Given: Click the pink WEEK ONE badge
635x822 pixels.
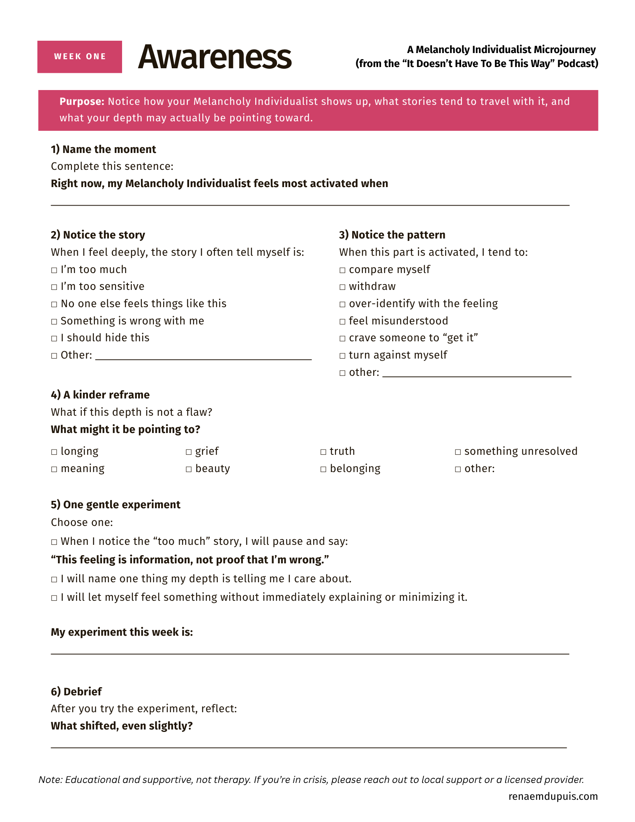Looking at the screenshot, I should pyautogui.click(x=80, y=57).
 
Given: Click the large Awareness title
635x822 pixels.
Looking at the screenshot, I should pyautogui.click(x=215, y=57).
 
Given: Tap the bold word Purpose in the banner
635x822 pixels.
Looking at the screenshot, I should pyautogui.click(x=82, y=102).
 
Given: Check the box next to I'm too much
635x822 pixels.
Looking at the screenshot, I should pyautogui.click(x=54, y=270).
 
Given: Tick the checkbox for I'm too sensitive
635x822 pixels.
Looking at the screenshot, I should pyautogui.click(x=54, y=287).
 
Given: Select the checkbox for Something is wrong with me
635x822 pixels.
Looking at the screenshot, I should pyautogui.click(x=54, y=322).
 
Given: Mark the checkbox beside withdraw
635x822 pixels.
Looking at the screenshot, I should pyautogui.click(x=342, y=287).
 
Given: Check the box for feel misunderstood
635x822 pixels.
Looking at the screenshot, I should pyautogui.click(x=342, y=322).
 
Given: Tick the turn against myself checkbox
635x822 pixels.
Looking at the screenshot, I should pyautogui.click(x=342, y=356).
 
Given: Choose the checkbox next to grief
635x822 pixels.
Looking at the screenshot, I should pyautogui.click(x=189, y=452).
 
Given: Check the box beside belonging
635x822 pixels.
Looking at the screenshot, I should pyautogui.click(x=323, y=469).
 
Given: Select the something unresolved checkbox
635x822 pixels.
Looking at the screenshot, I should pyautogui.click(x=458, y=452).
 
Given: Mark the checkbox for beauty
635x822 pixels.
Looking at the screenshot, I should pyautogui.click(x=189, y=469).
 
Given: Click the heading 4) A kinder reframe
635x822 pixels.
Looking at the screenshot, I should pyautogui.click(x=100, y=395).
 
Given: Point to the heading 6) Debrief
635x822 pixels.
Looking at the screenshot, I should pyautogui.click(x=76, y=692).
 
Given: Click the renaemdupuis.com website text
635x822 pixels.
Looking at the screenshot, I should pyautogui.click(x=553, y=797).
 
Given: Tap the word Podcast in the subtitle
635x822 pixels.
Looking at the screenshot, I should pyautogui.click(x=577, y=64).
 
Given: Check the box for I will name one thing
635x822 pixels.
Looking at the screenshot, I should pyautogui.click(x=54, y=579).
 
